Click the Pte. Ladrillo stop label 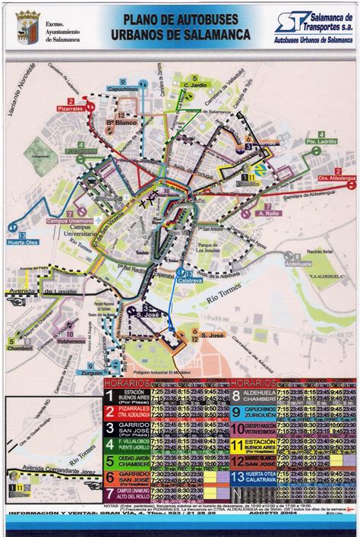[322, 142]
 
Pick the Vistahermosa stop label [71, 342]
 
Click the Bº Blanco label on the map [120, 122]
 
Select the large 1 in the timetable [110, 395]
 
